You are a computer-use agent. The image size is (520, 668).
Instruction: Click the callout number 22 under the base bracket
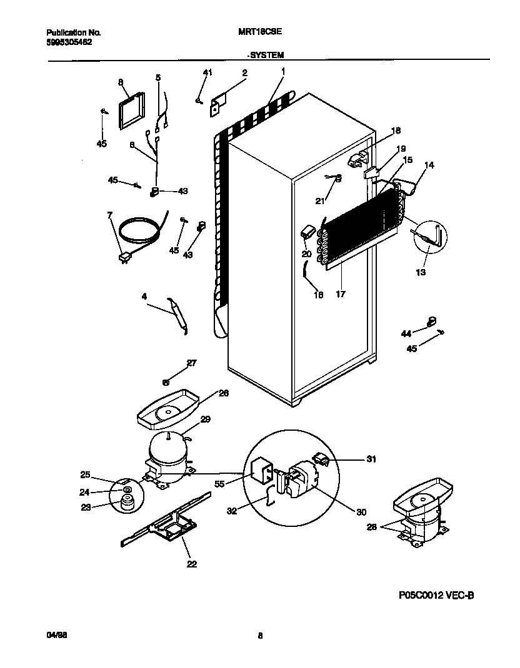click(191, 564)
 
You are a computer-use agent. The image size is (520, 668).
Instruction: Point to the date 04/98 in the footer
click(57, 636)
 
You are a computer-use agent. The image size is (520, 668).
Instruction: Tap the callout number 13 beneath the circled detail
click(420, 273)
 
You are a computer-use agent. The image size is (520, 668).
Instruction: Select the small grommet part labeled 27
click(166, 382)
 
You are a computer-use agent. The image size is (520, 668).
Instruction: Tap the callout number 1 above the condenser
click(282, 72)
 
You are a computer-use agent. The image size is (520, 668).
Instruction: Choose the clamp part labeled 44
click(431, 322)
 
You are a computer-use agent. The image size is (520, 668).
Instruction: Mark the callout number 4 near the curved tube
click(144, 297)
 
